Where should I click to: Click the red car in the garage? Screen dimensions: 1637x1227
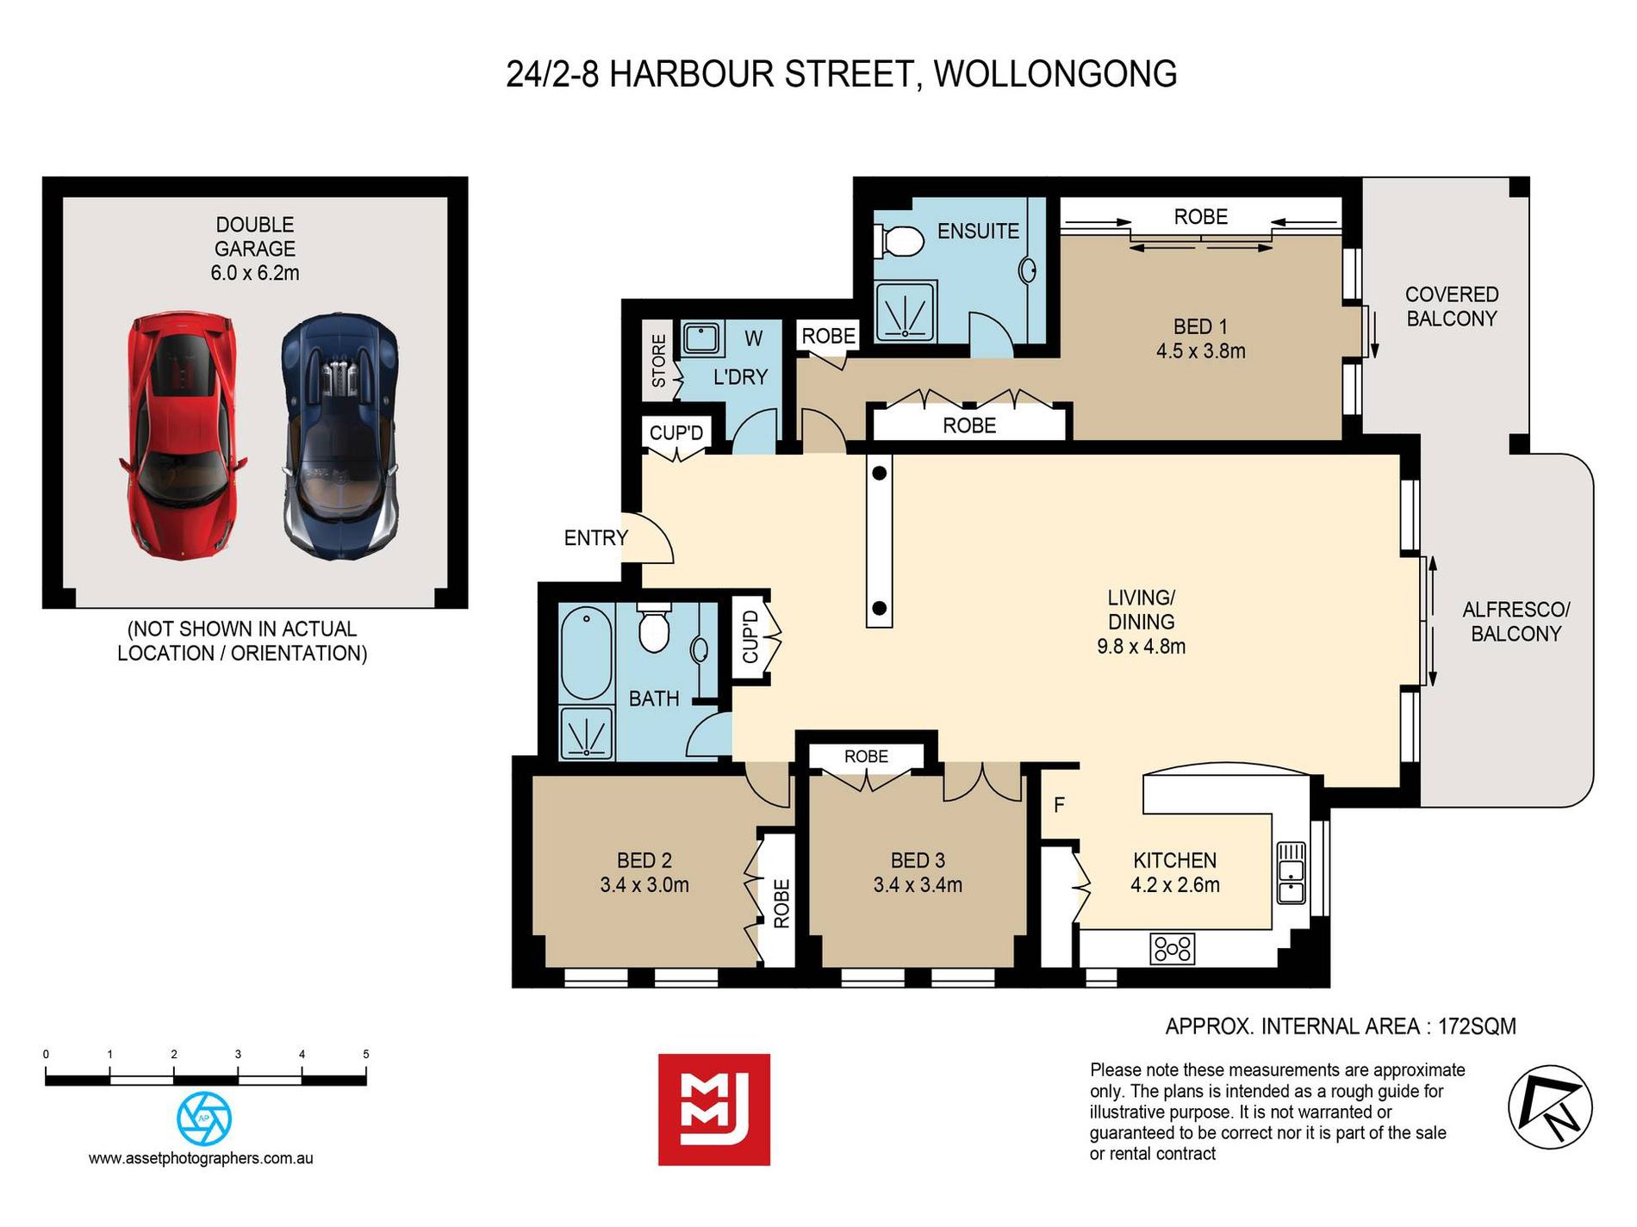click(183, 436)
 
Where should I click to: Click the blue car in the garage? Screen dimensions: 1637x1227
click(341, 436)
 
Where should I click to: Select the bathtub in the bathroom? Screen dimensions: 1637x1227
click(586, 652)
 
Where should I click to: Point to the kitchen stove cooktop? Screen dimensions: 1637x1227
click(1173, 948)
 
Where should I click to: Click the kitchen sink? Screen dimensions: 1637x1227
click(1291, 872)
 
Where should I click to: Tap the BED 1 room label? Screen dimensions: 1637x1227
click(1200, 338)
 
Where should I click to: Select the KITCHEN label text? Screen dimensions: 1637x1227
click(1174, 860)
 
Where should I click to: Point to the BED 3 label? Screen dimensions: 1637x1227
click(918, 860)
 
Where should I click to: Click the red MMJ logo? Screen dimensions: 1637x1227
click(713, 1109)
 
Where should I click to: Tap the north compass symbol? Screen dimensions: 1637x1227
click(1550, 1107)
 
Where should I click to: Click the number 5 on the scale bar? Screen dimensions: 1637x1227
click(366, 1054)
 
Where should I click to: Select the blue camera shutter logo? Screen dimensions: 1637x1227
click(204, 1119)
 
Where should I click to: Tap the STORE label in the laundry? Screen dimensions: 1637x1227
click(659, 361)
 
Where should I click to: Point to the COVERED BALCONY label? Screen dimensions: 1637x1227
click(1452, 306)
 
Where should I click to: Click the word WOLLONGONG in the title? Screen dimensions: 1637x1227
click(1055, 74)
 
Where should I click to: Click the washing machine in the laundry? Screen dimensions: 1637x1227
click(701, 338)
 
